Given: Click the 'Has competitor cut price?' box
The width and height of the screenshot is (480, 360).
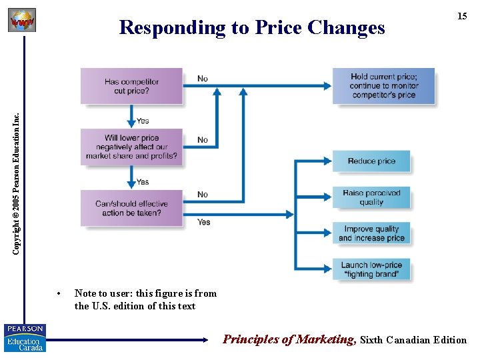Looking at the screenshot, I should click(131, 86).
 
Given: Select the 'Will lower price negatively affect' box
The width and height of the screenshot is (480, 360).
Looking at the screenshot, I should click(131, 147).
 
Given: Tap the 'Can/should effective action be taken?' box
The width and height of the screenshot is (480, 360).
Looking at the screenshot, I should click(131, 208).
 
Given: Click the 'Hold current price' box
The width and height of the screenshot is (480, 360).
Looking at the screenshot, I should click(383, 86).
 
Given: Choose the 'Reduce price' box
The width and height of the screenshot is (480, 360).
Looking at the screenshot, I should click(371, 161).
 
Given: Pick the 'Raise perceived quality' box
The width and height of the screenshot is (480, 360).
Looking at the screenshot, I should click(371, 197).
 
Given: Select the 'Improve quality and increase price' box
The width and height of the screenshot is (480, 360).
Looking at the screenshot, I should click(371, 233).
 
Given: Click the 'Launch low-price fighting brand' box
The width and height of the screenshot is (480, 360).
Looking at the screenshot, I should click(371, 269).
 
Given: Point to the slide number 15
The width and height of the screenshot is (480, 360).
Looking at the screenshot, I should click(461, 16).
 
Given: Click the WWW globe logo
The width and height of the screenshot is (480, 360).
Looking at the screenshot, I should click(21, 21).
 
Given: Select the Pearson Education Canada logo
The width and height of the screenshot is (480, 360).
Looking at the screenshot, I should click(25, 337).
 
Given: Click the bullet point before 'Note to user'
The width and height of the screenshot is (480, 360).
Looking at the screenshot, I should click(59, 294).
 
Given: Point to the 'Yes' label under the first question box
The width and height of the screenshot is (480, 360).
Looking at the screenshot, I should click(143, 121).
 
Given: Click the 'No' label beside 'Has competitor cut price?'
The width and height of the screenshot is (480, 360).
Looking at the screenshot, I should click(203, 79).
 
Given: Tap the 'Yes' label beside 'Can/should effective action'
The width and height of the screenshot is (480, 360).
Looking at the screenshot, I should click(204, 222).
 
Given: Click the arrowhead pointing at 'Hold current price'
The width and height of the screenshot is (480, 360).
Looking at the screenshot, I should click(327, 86).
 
